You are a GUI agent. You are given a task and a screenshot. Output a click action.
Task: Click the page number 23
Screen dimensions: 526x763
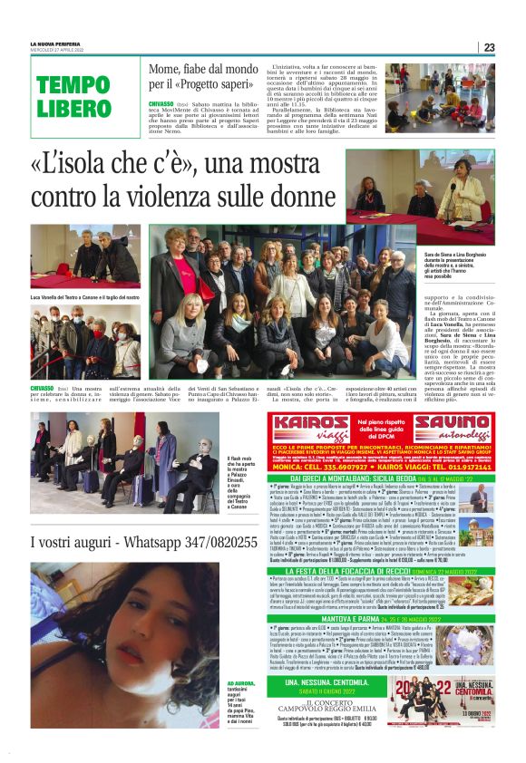(x=489, y=47)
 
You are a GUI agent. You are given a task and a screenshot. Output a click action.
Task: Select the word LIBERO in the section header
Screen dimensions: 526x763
(x=73, y=109)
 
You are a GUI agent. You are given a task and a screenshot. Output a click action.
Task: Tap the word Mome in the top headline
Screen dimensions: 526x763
(x=169, y=70)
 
